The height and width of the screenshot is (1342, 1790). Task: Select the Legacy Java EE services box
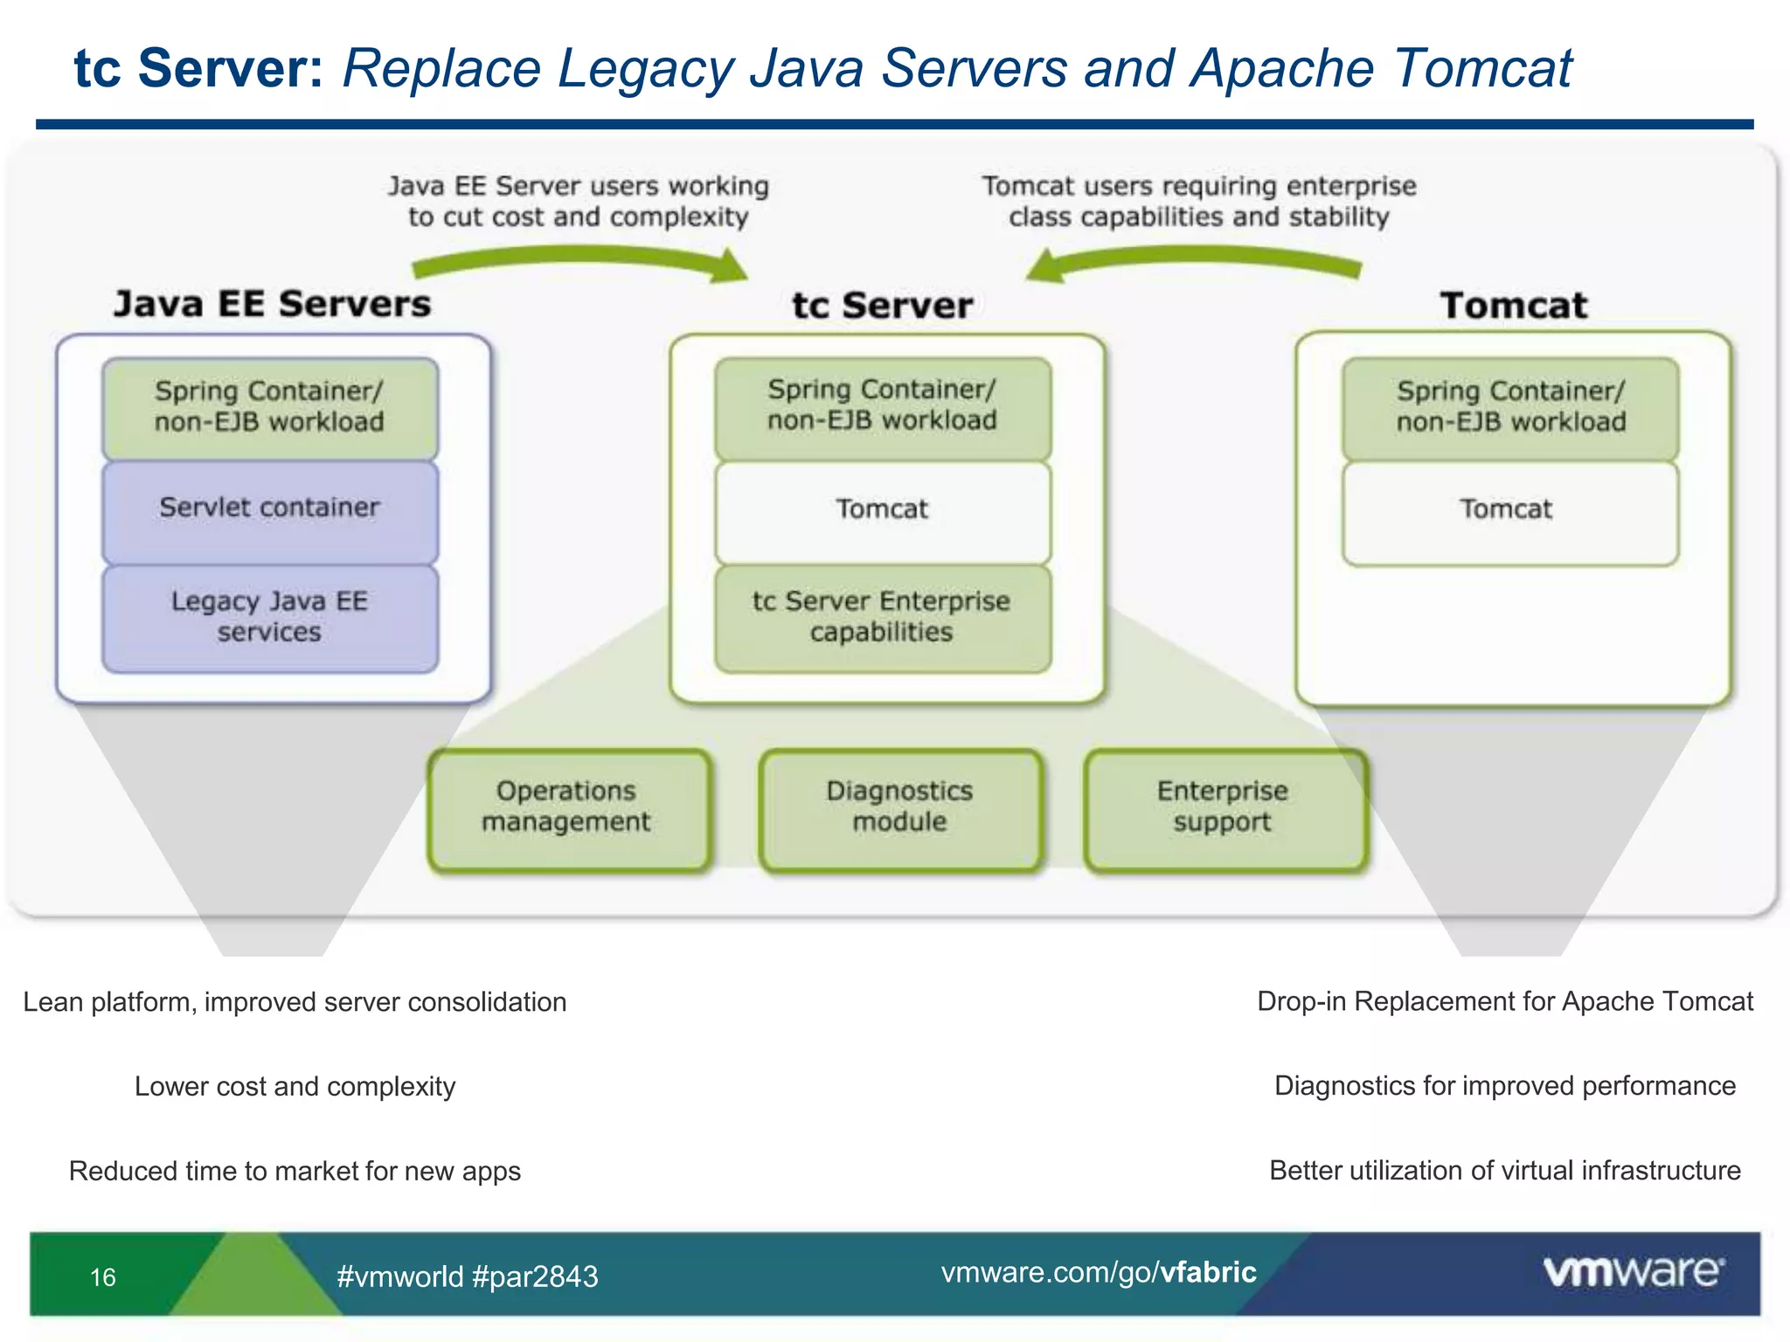(x=269, y=618)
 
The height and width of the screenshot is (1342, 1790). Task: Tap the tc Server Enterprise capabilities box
(x=882, y=618)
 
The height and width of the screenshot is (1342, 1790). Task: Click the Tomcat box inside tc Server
(x=882, y=510)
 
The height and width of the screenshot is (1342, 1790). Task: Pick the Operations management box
(x=567, y=808)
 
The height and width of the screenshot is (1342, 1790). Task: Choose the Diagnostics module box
(x=899, y=808)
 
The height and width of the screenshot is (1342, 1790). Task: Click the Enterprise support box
(x=1224, y=808)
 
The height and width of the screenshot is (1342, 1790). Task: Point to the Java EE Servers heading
(x=272, y=304)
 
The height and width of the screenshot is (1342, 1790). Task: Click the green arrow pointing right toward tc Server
(x=581, y=261)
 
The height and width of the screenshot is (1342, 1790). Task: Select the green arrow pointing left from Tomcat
(x=1193, y=261)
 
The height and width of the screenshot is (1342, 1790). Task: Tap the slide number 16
(x=103, y=1277)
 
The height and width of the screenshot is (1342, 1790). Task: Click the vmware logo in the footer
(x=1633, y=1271)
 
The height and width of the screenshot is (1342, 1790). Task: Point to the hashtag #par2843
(x=535, y=1277)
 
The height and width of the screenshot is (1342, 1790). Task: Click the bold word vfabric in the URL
(x=1208, y=1272)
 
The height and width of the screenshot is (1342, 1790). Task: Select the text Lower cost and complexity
(x=295, y=1087)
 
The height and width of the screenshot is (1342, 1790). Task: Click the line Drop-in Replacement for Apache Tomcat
(x=1504, y=1001)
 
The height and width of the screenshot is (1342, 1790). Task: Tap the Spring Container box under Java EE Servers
(x=269, y=407)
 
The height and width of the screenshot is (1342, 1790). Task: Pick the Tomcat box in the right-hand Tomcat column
(x=1509, y=510)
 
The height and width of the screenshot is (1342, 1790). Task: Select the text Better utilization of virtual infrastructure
(x=1504, y=1171)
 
